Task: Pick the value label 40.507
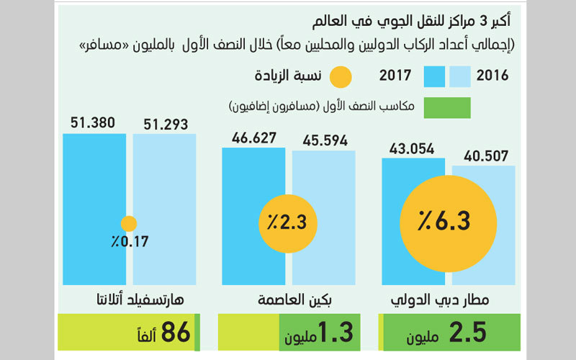[x=483, y=155]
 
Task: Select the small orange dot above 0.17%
[x=129, y=224]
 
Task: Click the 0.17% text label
[x=129, y=242]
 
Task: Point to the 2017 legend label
[x=395, y=76]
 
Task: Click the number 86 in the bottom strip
[x=176, y=333]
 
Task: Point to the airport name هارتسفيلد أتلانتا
[x=128, y=299]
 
